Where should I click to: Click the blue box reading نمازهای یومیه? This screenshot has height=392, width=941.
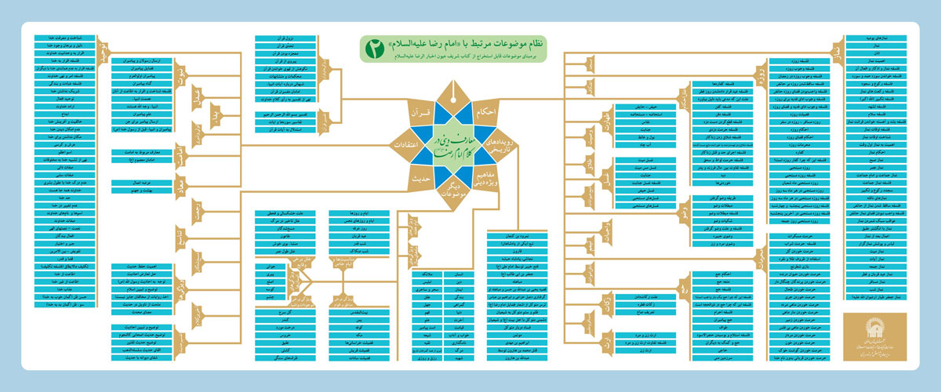click(x=877, y=37)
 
